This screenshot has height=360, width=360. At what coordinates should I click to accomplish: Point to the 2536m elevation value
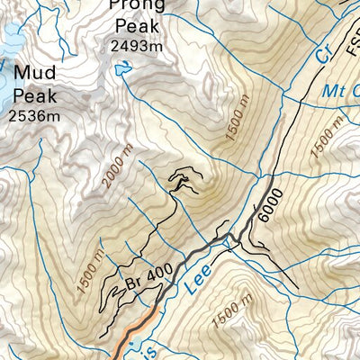click(33, 115)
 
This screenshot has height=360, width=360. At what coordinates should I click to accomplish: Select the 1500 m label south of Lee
click(225, 315)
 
